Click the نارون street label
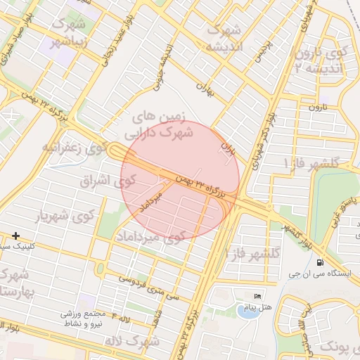click(310, 107)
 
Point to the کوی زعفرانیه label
click(74, 148)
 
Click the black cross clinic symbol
click(16, 236)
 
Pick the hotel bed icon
click(257, 296)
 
